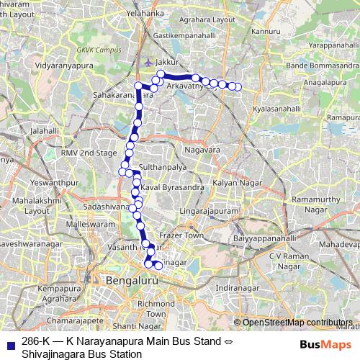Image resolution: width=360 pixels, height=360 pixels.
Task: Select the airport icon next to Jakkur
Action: [148, 62]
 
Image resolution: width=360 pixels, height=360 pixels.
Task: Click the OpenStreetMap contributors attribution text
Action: [297, 322]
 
